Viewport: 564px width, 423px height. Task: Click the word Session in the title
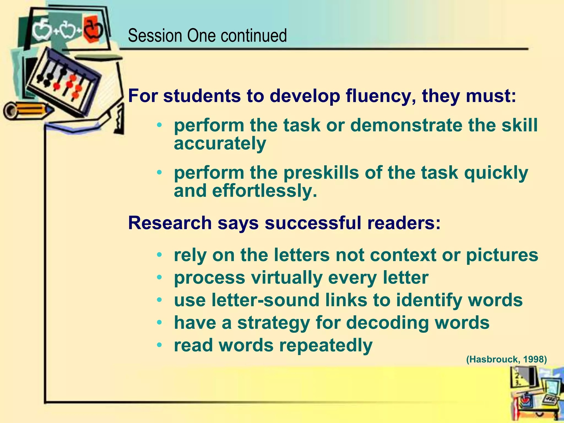155,36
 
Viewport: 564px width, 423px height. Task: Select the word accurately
220,143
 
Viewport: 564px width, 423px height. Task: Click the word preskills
321,173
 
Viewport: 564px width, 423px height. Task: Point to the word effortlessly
265,191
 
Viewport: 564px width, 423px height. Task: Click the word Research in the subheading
170,223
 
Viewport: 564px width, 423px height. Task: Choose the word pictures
502,255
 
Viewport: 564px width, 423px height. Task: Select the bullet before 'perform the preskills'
159,173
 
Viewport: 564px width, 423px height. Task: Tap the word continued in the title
253,36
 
